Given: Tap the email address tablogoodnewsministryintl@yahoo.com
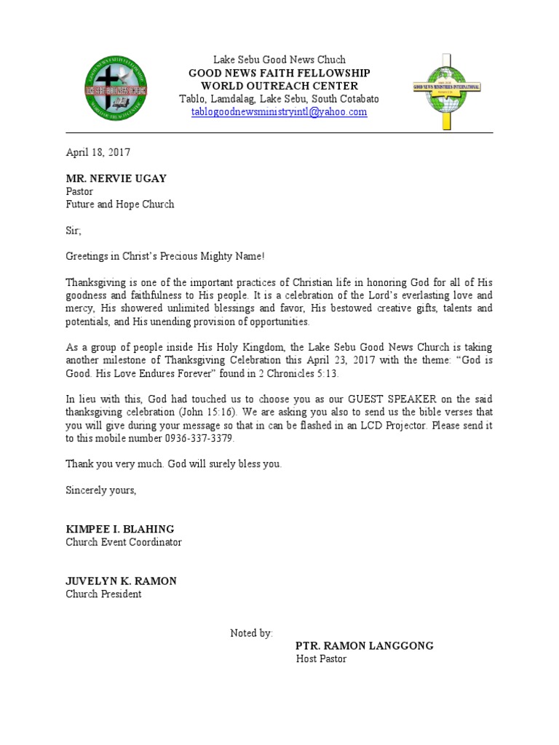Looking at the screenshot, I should tap(279, 112).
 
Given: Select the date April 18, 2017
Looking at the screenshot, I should tap(98, 153).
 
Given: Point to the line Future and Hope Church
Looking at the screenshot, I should tap(120, 204).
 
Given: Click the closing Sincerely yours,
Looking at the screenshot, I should tap(101, 490).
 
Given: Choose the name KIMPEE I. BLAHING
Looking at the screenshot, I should tap(120, 529).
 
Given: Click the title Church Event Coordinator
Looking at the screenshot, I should tap(124, 542).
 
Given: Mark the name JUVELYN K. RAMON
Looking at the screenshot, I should tap(122, 581).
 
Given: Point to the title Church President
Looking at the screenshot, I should tap(103, 594).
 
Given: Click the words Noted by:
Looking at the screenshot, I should tap(252, 633).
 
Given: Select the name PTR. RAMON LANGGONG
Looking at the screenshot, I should tap(364, 646).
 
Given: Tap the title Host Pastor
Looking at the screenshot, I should tap(321, 659).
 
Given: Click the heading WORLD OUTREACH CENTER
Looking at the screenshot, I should tap(279, 86).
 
